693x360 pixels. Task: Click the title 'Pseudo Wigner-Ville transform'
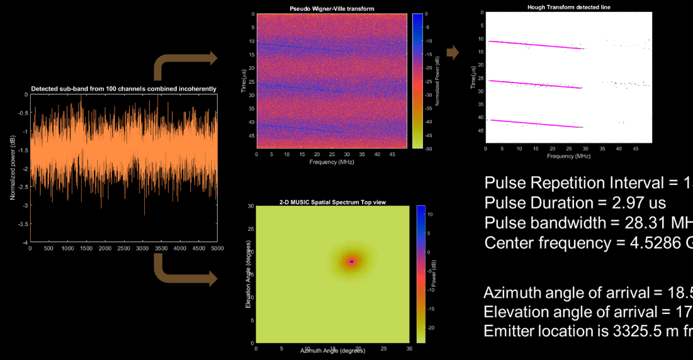click(325, 8)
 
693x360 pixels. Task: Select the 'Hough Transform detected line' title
click(568, 7)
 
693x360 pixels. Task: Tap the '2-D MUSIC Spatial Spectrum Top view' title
click(332, 202)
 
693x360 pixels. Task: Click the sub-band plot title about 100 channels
click(124, 89)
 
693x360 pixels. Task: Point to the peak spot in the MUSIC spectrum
click(352, 261)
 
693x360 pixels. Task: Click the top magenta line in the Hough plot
click(535, 45)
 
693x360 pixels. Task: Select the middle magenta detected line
click(535, 84)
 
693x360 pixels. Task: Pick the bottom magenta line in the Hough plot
click(535, 124)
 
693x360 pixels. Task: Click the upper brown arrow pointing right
click(186, 63)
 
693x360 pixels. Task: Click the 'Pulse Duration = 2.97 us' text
click(575, 203)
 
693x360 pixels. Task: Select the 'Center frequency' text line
click(589, 244)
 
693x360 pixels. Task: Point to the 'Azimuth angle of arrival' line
click(588, 293)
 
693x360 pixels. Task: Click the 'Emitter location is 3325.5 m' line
click(588, 332)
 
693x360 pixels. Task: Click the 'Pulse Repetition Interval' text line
click(589, 183)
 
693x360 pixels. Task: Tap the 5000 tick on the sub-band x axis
click(217, 249)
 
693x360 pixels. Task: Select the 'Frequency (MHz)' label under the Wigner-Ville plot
click(331, 162)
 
